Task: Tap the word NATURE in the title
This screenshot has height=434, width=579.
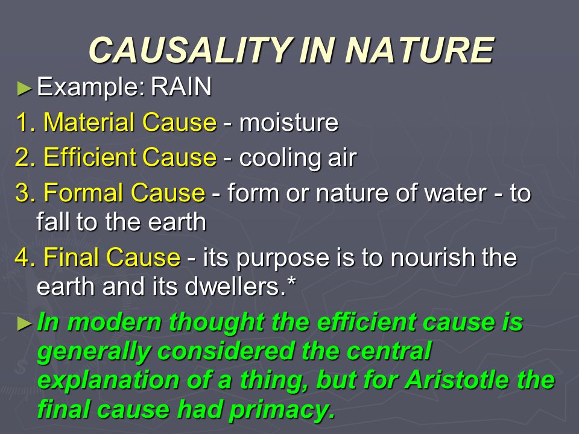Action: (419, 50)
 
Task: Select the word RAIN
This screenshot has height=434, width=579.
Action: (181, 87)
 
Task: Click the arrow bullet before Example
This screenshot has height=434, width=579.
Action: (24, 89)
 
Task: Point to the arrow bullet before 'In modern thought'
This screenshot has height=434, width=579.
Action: (24, 324)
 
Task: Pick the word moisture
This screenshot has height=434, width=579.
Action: (289, 122)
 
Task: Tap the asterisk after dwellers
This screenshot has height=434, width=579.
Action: (291, 281)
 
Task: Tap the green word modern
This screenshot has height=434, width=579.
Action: (115, 322)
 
